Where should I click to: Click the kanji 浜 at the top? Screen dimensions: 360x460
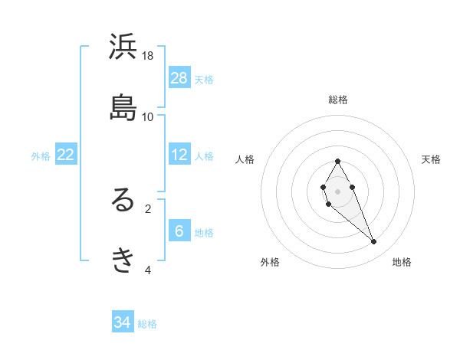[x=123, y=48]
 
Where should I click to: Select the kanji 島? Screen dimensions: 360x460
[x=123, y=108]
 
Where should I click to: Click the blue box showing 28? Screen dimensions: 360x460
[x=179, y=77]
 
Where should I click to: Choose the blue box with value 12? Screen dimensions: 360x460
[x=179, y=155]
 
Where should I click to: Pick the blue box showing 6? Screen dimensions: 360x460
[x=179, y=231]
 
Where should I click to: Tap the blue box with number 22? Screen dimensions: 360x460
[x=66, y=155]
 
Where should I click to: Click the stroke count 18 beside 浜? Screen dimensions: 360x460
[x=148, y=56]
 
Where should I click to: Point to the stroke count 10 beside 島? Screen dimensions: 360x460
[x=148, y=116]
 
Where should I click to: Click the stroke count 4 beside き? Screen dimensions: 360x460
[x=148, y=270]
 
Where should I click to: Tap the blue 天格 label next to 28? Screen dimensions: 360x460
[x=204, y=80]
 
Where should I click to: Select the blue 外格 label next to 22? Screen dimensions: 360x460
[x=41, y=156]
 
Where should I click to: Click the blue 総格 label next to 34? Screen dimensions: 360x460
[x=147, y=324]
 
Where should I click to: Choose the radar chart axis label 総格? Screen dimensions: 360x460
[x=338, y=100]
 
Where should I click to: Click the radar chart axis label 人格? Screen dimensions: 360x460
[x=245, y=159]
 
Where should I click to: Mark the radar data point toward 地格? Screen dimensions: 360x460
[x=374, y=241]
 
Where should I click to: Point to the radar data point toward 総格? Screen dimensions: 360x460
[x=337, y=161]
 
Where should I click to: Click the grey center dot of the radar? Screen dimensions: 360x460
[x=337, y=190]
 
